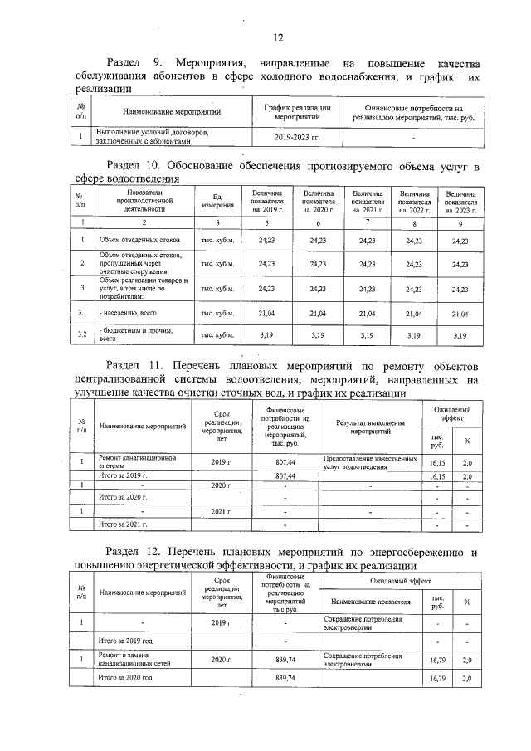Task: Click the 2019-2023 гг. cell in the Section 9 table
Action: pos(296,136)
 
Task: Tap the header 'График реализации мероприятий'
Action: pos(297,113)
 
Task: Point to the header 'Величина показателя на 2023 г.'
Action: pos(460,200)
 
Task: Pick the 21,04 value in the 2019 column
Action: pos(268,313)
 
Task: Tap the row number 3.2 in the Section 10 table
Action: pos(83,335)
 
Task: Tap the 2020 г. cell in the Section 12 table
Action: pos(220,660)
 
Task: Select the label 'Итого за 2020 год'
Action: pos(125,679)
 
